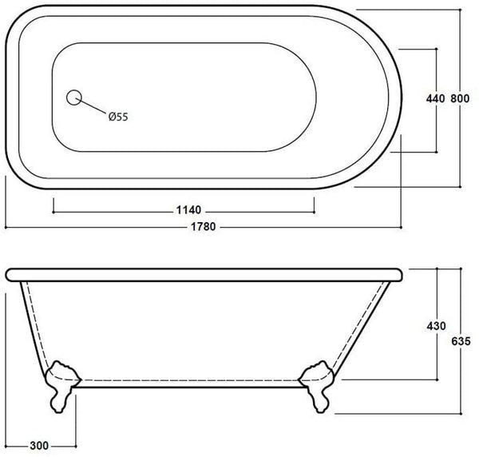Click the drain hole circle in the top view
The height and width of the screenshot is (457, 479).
tap(74, 97)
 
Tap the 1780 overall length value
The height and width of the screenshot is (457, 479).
tap(203, 226)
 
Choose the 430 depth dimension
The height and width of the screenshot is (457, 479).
tap(435, 325)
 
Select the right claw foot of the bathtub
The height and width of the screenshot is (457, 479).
tap(316, 384)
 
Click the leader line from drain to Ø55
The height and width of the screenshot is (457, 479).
tap(93, 107)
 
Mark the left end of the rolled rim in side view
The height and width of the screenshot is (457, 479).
tap(10, 274)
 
